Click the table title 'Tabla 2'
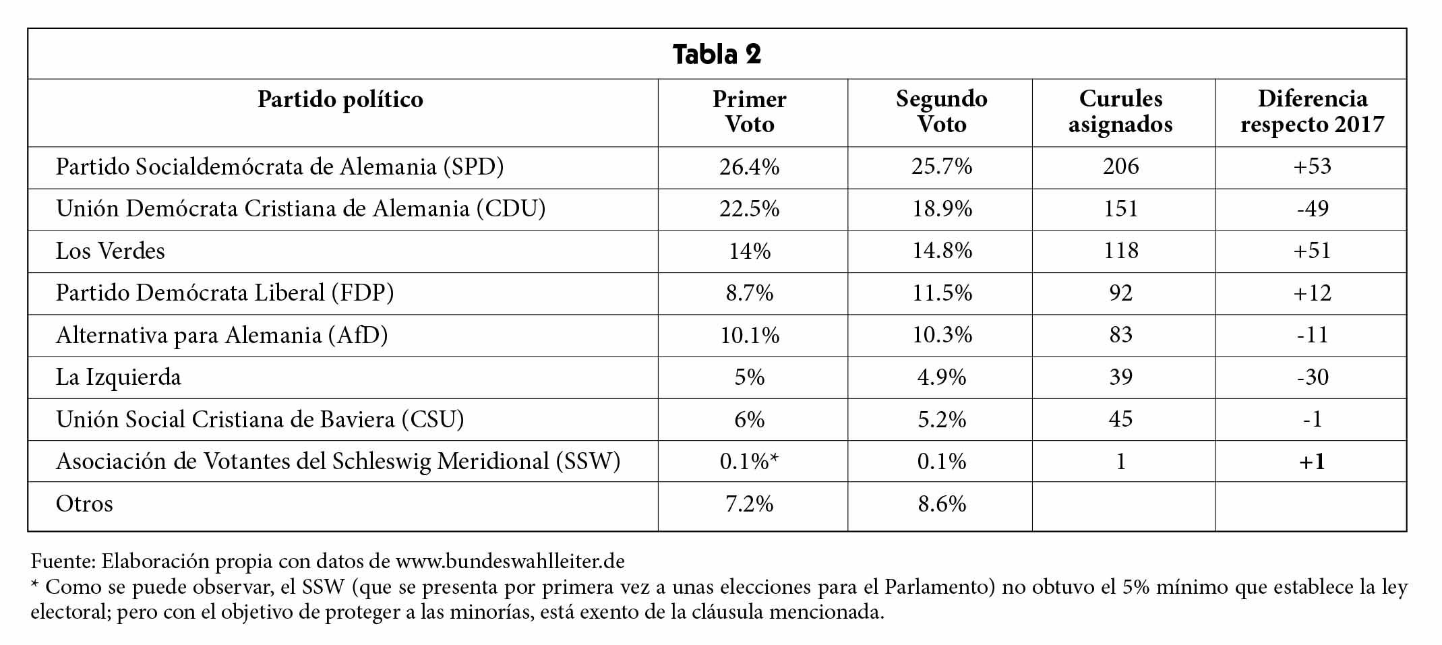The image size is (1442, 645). coord(717,54)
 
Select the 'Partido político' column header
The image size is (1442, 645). coord(340,100)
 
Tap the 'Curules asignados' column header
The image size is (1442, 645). coord(1120,111)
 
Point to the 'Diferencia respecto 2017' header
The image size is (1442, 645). coord(1312,111)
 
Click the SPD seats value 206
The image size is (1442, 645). coord(1120,166)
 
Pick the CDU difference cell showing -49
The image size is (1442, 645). coord(1312,209)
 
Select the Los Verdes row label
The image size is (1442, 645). coord(111,251)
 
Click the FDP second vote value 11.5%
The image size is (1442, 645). coord(942,293)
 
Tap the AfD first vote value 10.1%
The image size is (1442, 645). coord(750,335)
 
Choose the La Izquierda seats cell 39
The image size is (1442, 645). coord(1120,377)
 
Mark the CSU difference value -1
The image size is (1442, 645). coord(1312,419)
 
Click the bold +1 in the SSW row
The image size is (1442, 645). coord(1312,462)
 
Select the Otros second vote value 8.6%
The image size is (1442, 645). coord(942,503)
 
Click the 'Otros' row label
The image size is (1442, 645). coord(84,503)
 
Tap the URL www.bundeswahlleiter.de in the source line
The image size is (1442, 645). coord(510,561)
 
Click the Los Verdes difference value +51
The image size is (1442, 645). coord(1312,251)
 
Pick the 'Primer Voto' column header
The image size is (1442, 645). coord(750,111)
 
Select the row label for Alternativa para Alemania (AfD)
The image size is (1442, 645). coord(222,335)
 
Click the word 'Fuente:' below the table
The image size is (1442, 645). coord(63,561)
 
